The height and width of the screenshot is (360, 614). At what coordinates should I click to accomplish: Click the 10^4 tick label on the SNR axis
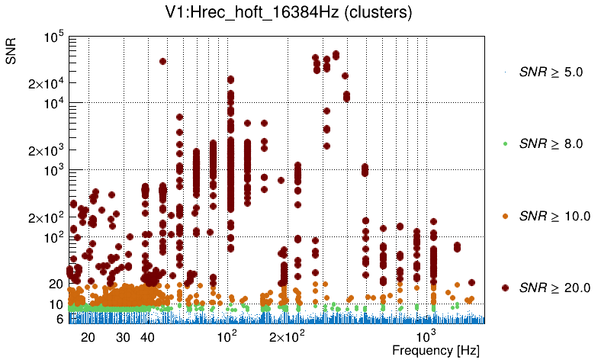click(50, 104)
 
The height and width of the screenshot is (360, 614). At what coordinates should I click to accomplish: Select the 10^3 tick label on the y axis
click(50, 171)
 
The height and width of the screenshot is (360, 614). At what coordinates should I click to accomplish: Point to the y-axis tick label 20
click(56, 284)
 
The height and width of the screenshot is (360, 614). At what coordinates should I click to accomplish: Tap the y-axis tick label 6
click(59, 319)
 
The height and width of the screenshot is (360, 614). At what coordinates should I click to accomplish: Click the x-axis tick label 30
click(124, 336)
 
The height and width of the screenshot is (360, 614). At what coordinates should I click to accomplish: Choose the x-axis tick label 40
click(148, 336)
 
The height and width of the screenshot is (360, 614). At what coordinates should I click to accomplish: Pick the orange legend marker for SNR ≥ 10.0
click(505, 216)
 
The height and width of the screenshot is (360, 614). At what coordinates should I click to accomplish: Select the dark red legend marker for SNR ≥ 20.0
click(505, 288)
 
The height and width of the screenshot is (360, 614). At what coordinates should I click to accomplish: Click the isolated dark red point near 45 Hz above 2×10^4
click(162, 62)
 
